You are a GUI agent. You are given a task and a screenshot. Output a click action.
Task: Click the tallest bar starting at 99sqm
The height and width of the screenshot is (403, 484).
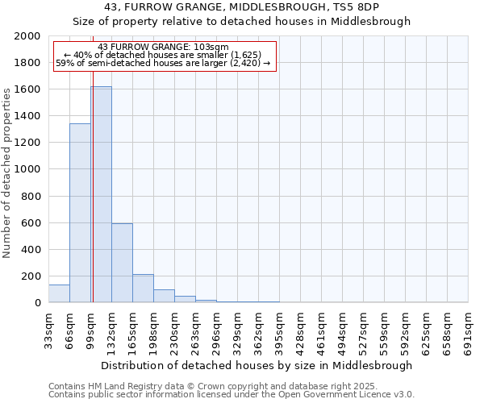[x=101, y=194]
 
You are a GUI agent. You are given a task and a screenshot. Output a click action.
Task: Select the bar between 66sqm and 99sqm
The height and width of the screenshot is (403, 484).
[x=80, y=213]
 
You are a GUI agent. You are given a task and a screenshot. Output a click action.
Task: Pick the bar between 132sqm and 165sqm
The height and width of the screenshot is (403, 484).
[x=122, y=263]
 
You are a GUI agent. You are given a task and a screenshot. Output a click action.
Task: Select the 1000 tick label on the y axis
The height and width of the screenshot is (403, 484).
[x=27, y=169]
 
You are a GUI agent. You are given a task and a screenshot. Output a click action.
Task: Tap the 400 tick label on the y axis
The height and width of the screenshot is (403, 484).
[x=32, y=249]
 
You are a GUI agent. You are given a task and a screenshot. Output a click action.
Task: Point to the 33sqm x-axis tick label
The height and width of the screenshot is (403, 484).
[x=48, y=330]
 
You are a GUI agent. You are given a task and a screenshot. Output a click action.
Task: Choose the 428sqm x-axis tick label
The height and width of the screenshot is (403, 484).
[x=301, y=330]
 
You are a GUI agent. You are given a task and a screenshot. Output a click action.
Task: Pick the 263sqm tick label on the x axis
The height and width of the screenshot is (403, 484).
[x=196, y=330]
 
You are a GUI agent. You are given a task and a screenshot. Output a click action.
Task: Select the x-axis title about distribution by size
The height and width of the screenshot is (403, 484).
[x=258, y=365]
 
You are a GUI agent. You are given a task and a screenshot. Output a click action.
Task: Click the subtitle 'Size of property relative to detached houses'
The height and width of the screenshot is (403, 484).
[x=242, y=22]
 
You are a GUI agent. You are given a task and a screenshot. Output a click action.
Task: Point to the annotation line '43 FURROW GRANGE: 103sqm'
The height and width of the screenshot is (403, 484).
[x=163, y=47]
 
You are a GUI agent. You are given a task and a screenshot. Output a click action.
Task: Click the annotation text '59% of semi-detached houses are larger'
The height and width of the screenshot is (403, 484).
[x=163, y=63]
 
